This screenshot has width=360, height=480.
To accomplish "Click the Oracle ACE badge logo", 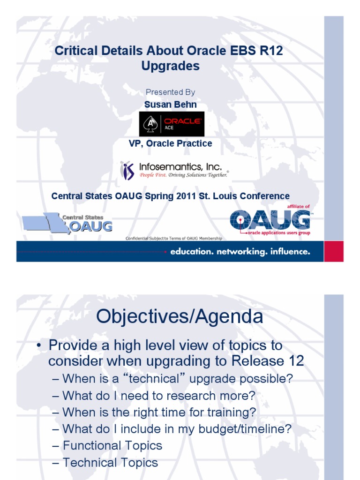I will coord(172,124).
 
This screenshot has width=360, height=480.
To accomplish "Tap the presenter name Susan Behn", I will coord(170,105).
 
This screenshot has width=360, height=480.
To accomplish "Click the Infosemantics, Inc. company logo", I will coord(175,171).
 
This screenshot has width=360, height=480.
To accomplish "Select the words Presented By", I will coord(170,92).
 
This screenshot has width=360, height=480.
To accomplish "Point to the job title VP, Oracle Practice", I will coord(170,143).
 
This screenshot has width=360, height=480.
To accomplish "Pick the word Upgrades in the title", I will coord(170,66).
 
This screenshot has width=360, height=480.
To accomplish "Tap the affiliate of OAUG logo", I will coord(270,220).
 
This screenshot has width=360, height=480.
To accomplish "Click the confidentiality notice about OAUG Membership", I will coord(174,239).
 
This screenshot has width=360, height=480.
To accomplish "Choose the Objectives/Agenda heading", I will coord(180,317).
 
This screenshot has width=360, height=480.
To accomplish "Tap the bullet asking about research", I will coord(158,396).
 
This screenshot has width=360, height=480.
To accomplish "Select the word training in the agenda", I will coord(232,412).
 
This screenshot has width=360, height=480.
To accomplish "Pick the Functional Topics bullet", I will coord(112,445).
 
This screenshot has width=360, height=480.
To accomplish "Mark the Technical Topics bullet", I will coord(110,463).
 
